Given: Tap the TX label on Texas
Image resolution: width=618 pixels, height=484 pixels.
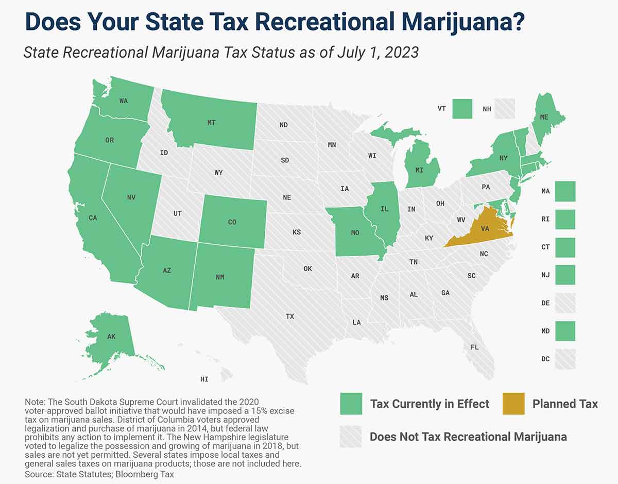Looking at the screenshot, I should (x=290, y=316).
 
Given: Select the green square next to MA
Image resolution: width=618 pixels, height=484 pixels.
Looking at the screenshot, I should (x=565, y=191).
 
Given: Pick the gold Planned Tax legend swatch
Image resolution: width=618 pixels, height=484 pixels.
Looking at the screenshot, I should (x=513, y=404).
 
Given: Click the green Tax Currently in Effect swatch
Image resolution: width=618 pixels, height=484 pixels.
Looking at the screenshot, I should (x=351, y=404).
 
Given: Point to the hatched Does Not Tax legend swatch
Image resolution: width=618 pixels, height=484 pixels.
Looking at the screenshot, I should (x=351, y=437).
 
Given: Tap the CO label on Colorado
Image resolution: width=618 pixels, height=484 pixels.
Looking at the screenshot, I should (x=232, y=222).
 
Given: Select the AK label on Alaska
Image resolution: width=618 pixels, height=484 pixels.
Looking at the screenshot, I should (x=111, y=337).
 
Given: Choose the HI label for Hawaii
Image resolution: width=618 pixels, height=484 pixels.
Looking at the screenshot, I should (x=204, y=379).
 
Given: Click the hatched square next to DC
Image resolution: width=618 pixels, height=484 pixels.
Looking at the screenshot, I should (x=565, y=359).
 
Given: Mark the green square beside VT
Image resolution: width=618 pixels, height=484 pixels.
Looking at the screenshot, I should (x=462, y=109).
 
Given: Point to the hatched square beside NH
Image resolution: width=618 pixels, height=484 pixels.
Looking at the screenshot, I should (x=505, y=109).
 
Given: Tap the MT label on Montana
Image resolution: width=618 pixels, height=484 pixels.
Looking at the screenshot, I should (x=211, y=123).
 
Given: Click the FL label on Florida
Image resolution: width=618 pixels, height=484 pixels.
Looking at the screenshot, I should (x=474, y=347).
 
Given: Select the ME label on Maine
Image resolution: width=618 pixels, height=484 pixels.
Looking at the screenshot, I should (x=544, y=118).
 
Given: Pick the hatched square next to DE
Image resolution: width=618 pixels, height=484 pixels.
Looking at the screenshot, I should (x=565, y=303).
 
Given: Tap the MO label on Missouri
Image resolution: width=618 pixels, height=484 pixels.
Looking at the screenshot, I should (x=355, y=233).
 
